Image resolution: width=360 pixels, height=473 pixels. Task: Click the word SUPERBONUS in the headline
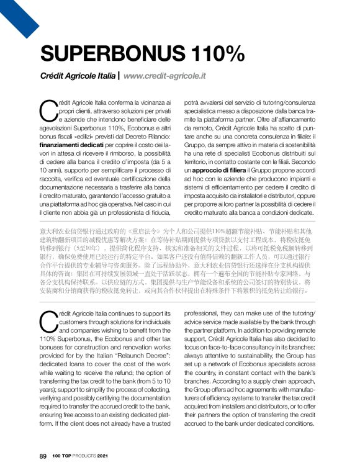110,54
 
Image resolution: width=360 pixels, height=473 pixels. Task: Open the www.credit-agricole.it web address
164,77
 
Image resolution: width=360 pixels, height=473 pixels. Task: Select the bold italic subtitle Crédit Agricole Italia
78,77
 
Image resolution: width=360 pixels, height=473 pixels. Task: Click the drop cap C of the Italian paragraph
48,111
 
